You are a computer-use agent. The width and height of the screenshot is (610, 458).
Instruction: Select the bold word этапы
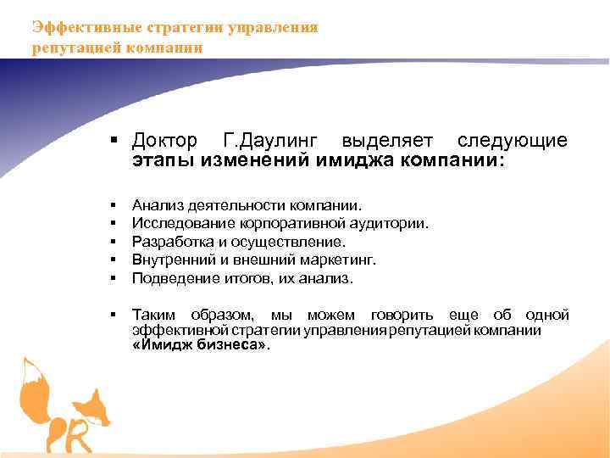coord(164,160)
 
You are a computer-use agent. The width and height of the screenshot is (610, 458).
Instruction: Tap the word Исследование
coord(176,224)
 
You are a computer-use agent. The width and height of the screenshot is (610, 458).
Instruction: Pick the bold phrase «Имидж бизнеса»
coord(200,345)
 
